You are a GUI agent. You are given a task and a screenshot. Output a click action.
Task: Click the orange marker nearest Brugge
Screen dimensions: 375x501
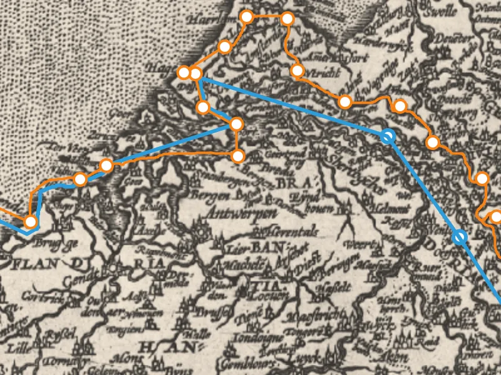point(29,221)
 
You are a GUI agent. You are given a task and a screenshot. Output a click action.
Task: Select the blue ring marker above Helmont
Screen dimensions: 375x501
point(388,136)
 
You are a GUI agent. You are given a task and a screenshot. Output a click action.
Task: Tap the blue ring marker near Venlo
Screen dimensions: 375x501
point(460,237)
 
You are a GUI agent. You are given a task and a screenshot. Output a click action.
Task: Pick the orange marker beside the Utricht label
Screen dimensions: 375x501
point(297,70)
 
